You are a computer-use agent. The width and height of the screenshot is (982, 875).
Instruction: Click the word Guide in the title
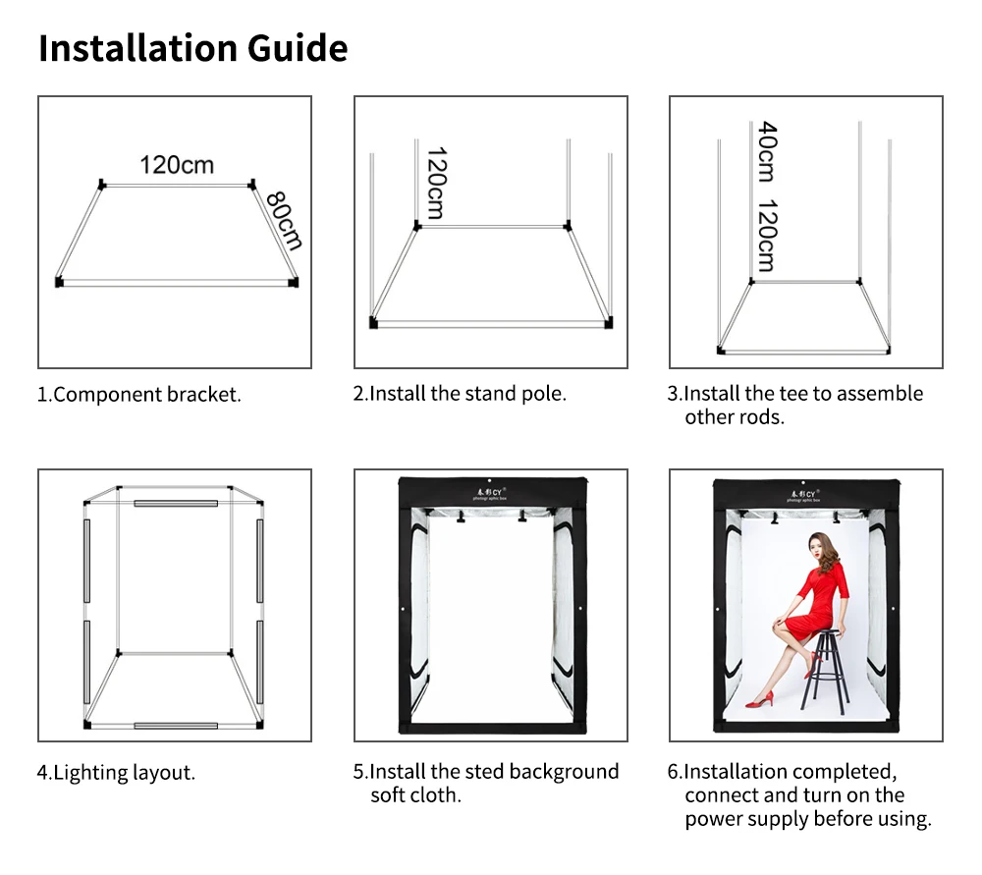click(x=298, y=47)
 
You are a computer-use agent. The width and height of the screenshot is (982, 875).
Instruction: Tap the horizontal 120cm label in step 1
click(x=177, y=165)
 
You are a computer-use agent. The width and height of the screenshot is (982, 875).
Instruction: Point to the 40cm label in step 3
click(x=767, y=151)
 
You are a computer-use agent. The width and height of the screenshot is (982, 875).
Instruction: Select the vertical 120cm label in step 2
click(x=437, y=183)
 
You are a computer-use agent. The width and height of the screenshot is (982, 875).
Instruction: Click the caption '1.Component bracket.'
click(x=139, y=395)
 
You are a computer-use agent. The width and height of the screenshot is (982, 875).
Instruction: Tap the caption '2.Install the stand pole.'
click(x=460, y=394)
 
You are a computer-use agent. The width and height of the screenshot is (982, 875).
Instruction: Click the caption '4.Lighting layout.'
click(x=117, y=772)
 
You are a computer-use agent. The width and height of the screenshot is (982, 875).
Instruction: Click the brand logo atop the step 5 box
click(x=490, y=494)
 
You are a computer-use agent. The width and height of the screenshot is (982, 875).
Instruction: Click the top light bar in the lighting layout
click(x=176, y=503)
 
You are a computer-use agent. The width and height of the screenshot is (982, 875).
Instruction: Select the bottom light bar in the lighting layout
click(x=176, y=726)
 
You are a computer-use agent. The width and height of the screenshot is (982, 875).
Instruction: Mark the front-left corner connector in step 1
click(x=60, y=282)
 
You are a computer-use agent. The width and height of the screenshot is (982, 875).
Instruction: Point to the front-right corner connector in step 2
click(x=608, y=323)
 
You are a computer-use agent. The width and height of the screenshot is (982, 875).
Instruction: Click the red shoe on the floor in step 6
click(x=760, y=699)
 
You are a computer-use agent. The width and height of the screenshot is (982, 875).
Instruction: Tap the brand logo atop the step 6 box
click(x=803, y=495)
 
